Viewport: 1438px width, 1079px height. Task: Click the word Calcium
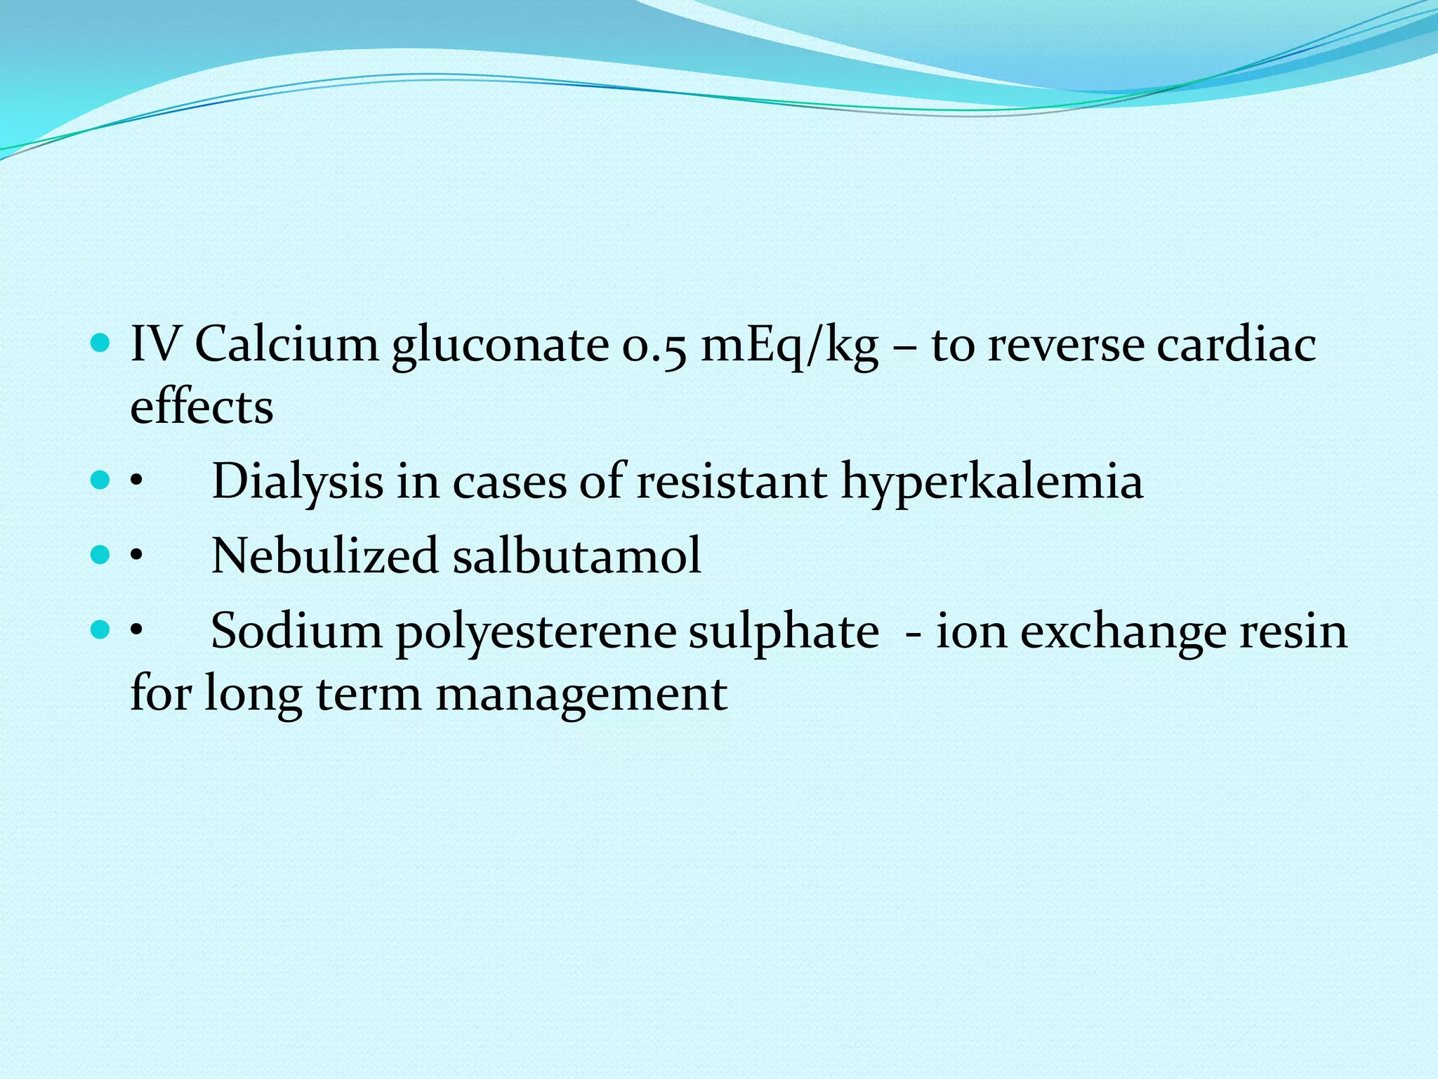tap(286, 345)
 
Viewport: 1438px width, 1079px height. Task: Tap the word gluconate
tap(500, 346)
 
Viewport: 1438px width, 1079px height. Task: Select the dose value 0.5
tap(654, 346)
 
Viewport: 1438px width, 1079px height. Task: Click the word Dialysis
tap(298, 481)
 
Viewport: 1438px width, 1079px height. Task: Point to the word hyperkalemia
tap(992, 483)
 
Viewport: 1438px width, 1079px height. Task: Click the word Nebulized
tap(325, 556)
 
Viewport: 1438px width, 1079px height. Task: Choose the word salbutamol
tap(576, 556)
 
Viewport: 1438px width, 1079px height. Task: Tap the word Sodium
tap(296, 630)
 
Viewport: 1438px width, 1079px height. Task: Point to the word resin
tap(1293, 630)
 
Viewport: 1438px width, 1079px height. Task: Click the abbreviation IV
tap(156, 345)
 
